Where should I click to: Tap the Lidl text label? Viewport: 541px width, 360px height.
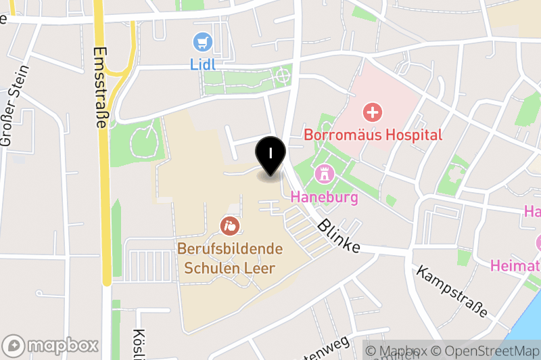202,65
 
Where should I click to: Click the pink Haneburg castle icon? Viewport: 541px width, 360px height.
325,174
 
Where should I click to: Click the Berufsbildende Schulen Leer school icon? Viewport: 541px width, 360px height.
230,225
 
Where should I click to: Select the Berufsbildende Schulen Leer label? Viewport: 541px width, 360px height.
230,258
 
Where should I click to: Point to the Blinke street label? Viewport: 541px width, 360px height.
339,235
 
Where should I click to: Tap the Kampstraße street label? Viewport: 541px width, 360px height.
452,292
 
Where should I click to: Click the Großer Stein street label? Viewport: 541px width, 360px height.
15,105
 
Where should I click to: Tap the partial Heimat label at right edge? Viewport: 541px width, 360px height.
516,265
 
